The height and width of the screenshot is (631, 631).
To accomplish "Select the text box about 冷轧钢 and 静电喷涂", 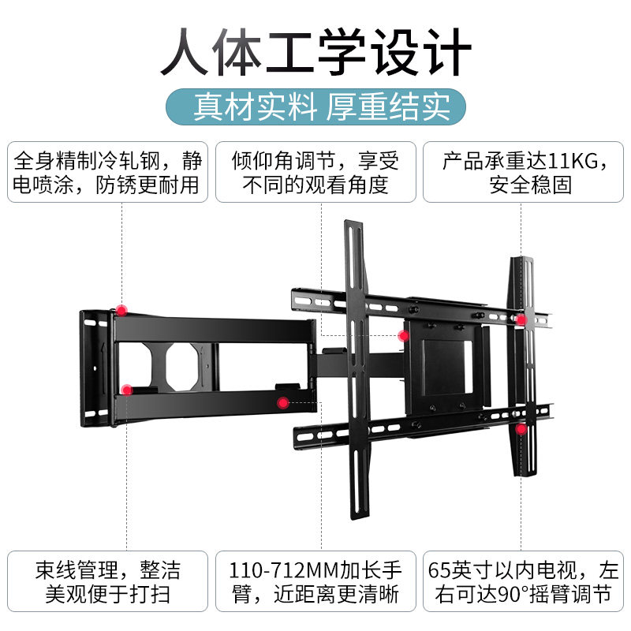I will click(108, 172).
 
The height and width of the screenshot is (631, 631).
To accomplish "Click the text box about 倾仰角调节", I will click(315, 172).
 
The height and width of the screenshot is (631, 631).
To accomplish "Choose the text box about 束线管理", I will click(108, 581).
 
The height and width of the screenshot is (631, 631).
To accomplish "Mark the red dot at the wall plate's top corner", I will click(121, 309).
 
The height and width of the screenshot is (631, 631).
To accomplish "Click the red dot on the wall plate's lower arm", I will click(127, 389).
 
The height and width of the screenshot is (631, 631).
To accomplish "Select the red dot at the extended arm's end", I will click(282, 402).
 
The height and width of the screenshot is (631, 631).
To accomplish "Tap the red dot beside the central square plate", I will click(403, 336).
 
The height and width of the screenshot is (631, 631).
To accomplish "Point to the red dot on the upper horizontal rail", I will click(521, 320).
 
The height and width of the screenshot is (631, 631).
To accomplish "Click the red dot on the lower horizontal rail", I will click(521, 430).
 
